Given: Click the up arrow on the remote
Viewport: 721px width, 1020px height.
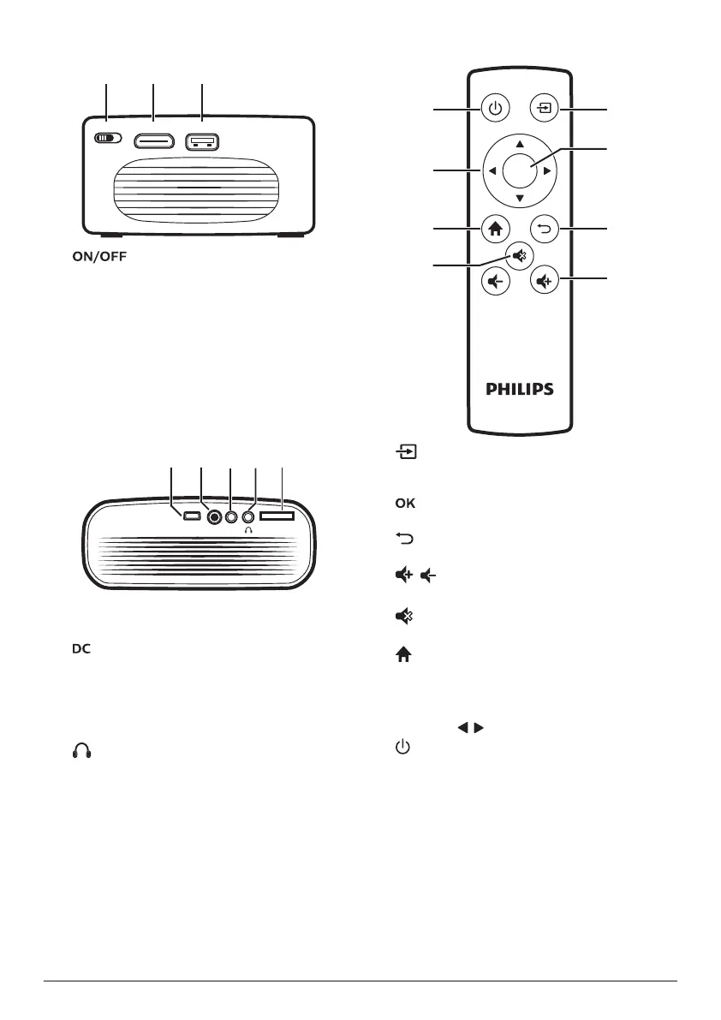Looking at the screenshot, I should tap(520, 142).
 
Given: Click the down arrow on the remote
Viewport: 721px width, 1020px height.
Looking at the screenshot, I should tap(520, 199).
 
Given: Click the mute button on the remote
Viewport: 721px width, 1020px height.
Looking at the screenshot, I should tap(520, 254).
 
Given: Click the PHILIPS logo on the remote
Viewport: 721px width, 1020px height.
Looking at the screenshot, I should tap(520, 389).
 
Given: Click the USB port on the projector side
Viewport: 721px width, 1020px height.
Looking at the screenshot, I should tap(201, 140).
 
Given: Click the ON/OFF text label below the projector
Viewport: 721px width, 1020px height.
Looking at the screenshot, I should tap(99, 256).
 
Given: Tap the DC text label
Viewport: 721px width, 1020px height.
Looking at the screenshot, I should tap(80, 650).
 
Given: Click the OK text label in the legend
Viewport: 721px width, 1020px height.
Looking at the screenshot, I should tap(405, 504).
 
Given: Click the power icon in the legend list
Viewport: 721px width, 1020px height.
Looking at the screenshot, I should tap(402, 749).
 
